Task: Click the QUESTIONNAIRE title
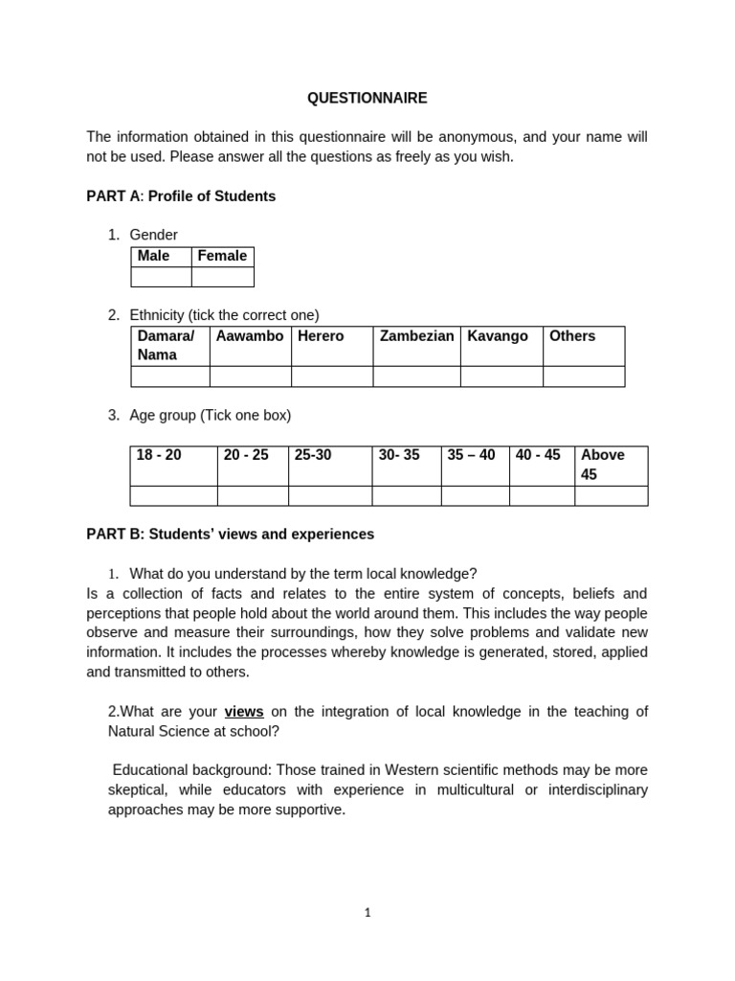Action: click(367, 98)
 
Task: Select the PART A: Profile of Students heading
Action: click(181, 196)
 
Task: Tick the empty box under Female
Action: click(222, 277)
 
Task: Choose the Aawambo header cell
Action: click(250, 336)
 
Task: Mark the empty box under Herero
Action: click(331, 376)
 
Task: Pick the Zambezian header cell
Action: click(416, 336)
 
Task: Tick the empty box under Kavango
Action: click(501, 376)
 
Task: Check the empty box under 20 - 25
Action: click(252, 495)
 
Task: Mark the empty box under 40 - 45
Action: click(541, 495)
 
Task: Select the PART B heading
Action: click(230, 535)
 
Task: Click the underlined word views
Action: click(243, 712)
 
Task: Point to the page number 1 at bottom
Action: click(367, 913)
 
